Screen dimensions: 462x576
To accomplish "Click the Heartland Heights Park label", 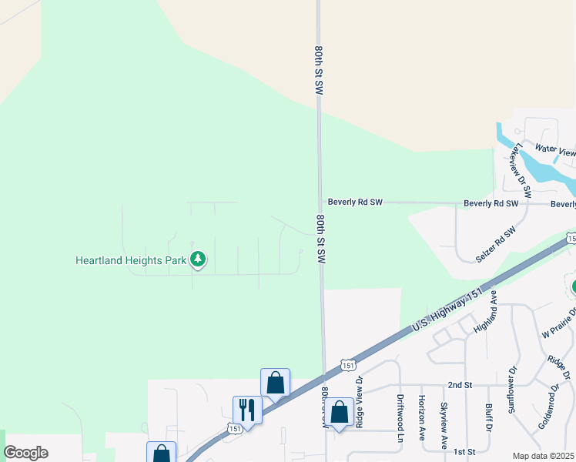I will [131, 260].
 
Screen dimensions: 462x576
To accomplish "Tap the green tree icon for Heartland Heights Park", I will [199, 259].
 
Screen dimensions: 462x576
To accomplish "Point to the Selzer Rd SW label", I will [496, 246].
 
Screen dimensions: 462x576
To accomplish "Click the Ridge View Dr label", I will [359, 402].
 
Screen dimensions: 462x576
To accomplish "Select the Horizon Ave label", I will [421, 420].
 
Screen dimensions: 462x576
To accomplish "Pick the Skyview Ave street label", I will [444, 426].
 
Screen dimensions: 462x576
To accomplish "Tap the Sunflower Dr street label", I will [513, 391].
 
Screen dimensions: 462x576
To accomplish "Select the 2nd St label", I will [459, 384].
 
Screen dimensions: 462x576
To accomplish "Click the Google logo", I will [26, 453].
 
